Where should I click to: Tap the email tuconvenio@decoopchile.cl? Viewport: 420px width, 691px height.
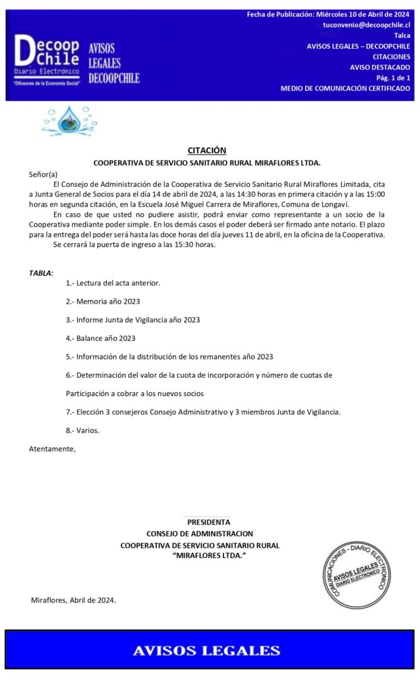point(367,25)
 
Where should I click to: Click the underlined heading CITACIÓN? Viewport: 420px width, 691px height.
point(207,150)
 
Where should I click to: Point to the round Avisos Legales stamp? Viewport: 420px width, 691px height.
point(356,573)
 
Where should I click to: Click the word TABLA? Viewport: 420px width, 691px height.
point(41,273)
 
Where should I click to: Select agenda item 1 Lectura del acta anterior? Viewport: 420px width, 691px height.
point(113,283)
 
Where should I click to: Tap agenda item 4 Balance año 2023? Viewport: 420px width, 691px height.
point(101,338)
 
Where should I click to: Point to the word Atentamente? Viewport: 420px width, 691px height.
point(52,448)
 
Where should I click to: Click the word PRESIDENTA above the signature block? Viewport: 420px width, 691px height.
point(209,522)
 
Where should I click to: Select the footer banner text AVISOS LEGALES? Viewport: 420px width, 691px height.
point(207,651)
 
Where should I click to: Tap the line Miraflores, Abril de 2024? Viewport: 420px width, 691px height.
point(74,600)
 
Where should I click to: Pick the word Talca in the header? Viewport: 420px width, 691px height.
point(402,36)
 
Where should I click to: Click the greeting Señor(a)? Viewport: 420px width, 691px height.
point(43,174)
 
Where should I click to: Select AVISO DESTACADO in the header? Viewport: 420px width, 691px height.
point(379,67)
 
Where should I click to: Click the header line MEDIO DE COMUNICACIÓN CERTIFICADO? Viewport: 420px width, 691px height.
point(345,88)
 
